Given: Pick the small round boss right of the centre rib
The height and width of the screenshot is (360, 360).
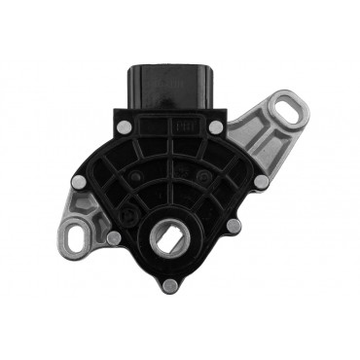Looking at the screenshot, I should [206, 175].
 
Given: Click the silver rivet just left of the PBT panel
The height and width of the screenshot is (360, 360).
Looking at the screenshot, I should [123, 126].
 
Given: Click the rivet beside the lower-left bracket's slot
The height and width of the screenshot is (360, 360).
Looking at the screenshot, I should [114, 237].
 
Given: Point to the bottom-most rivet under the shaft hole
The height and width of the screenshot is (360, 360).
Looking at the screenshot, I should [172, 284].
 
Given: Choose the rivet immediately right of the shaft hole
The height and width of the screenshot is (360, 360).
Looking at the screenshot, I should [233, 227].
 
